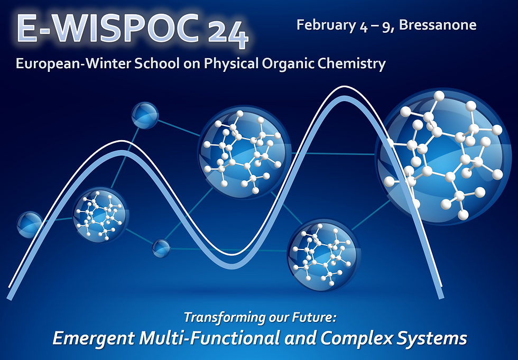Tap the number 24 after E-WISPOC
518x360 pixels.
pyautogui.click(x=228, y=35)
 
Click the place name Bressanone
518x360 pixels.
pyautogui.click(x=438, y=25)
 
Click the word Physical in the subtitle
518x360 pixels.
pyautogui.click(x=231, y=63)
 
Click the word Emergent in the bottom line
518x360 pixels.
pyautogui.click(x=94, y=338)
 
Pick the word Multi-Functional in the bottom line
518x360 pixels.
pyautogui.click(x=210, y=338)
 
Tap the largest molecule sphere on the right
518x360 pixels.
pyautogui.click(x=443, y=157)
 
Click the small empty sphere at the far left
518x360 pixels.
pyautogui.click(x=30, y=225)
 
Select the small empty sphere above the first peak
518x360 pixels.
pyautogui.click(x=145, y=115)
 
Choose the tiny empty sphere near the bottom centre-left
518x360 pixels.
pyautogui.click(x=161, y=248)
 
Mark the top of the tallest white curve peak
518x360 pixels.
pyautogui.click(x=344, y=87)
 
